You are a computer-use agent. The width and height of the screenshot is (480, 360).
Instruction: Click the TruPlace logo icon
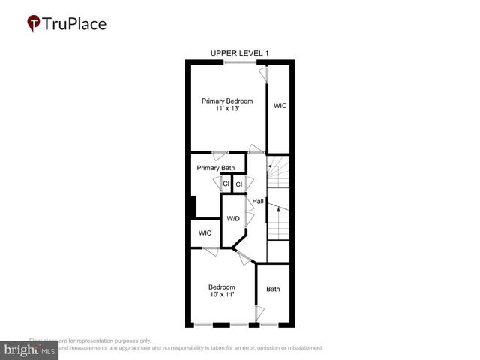(34, 23)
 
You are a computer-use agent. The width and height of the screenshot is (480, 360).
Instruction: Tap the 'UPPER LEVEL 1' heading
(239, 52)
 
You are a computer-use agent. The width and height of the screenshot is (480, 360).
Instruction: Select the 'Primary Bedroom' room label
(227, 101)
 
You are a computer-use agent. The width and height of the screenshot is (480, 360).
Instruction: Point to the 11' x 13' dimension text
(227, 109)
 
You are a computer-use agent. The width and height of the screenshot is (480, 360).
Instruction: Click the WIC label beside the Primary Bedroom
(280, 106)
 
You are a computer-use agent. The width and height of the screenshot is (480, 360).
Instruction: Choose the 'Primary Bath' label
(216, 168)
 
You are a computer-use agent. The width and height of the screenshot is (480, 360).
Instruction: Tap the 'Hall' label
(258, 201)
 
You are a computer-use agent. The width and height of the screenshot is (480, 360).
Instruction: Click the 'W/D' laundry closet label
(233, 219)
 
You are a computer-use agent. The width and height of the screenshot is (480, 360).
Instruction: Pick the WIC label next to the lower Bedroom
(205, 233)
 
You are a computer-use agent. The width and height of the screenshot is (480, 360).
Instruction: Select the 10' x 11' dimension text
(222, 295)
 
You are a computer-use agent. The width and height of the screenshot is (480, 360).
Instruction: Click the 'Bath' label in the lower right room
(273, 289)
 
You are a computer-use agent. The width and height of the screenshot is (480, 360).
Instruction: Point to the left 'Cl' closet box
(226, 184)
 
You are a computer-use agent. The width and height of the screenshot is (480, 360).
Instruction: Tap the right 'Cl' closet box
(239, 184)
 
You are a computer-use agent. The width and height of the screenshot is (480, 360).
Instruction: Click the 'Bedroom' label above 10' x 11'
(222, 286)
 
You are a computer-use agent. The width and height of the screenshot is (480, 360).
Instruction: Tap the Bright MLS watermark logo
(30, 349)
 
